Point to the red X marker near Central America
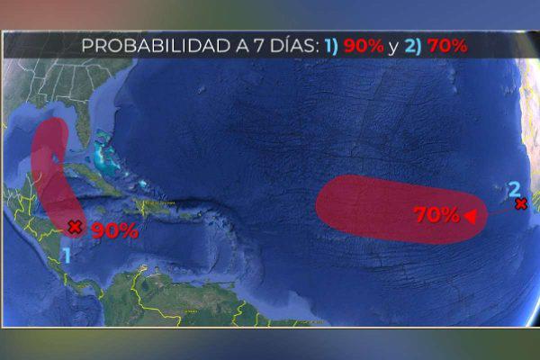pyautogui.click(x=75, y=228)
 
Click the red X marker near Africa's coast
pyautogui.click(x=520, y=204)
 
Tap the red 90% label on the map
pyautogui.click(x=114, y=230)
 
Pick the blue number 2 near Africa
pyautogui.click(x=514, y=188)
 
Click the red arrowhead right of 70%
pyautogui.click(x=470, y=215)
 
